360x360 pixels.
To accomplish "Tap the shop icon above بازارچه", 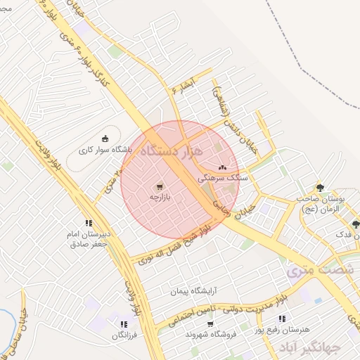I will (160, 187).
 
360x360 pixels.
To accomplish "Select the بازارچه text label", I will (160, 199).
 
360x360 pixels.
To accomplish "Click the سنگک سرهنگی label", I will (224, 179).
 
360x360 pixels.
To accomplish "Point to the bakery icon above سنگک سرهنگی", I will (223, 167).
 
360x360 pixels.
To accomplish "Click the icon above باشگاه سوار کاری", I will (105, 138).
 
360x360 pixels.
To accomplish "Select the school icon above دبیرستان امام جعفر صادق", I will (89, 223).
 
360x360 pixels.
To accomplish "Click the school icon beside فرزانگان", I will (124, 324).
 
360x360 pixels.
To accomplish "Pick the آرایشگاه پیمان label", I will (192, 290).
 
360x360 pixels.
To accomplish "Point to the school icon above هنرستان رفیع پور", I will (281, 319).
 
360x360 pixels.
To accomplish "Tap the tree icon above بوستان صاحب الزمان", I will (321, 188).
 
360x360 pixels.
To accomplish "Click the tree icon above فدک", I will (356, 224).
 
